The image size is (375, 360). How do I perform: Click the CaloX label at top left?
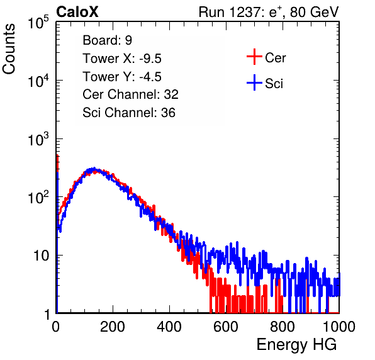click(x=77, y=12)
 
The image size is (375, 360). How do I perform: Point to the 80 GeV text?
click(x=314, y=12)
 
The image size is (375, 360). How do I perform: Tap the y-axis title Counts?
click(x=9, y=49)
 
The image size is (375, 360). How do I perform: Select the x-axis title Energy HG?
click(x=296, y=345)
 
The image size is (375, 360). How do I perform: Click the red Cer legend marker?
click(x=254, y=57)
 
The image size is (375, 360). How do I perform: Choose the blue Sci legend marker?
click(x=254, y=83)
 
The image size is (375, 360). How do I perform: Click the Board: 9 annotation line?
click(x=107, y=40)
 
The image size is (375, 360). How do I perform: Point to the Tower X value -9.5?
click(x=150, y=59)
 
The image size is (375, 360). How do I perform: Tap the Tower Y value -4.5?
click(x=150, y=77)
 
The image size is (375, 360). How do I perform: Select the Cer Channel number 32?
click(x=171, y=94)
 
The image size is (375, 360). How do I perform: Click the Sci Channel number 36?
click(x=168, y=113)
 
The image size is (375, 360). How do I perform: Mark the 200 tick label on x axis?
click(x=113, y=327)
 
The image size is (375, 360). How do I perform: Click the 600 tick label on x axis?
click(x=226, y=327)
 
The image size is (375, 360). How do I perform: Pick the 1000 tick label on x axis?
click(x=339, y=327)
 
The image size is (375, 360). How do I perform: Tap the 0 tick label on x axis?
click(x=56, y=327)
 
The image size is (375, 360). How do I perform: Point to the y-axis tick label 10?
click(x=42, y=256)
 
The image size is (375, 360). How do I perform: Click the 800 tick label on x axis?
click(x=283, y=327)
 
